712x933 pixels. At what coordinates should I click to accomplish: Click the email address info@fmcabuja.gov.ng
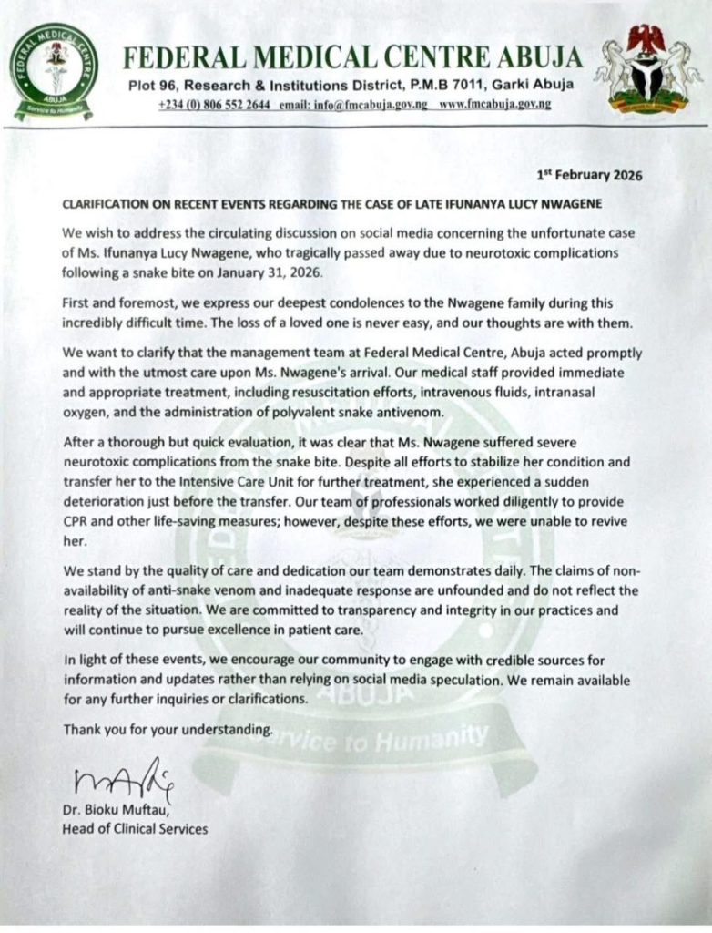point(352,105)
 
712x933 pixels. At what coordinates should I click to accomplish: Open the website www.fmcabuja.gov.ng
point(494,105)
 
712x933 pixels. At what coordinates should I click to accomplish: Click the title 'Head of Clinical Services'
point(134,828)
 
